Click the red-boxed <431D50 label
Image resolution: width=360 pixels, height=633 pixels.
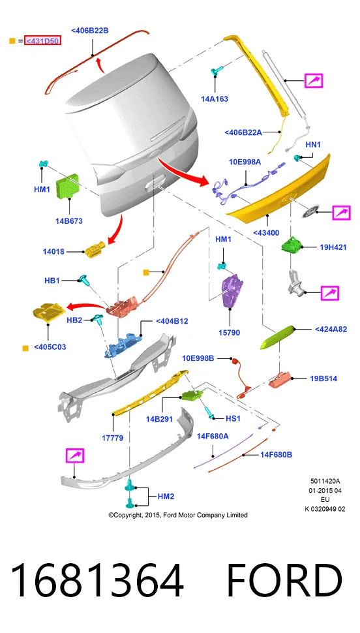(42, 40)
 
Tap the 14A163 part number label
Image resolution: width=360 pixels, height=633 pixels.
(215, 99)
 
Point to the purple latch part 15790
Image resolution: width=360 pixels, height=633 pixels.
(230, 290)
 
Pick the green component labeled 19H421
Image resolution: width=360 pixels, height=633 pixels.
(292, 245)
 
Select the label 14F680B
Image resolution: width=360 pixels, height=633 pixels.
(276, 455)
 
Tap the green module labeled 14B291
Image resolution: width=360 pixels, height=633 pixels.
(192, 395)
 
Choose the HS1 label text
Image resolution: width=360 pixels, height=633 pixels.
(233, 419)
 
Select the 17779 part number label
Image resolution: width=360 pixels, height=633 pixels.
(112, 438)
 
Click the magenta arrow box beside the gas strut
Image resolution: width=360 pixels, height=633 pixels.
(314, 81)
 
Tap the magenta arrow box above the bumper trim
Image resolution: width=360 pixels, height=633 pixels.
(75, 455)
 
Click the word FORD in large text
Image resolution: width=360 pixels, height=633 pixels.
(284, 581)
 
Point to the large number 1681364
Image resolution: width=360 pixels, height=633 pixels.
(97, 581)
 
